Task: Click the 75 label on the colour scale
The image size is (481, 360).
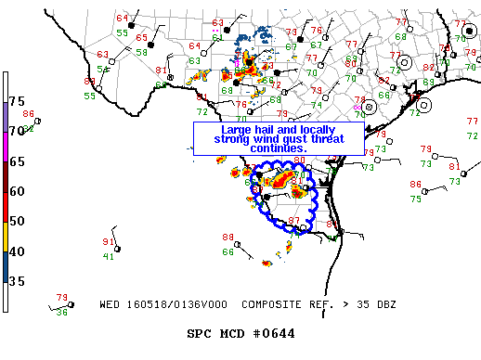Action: click(x=17, y=100)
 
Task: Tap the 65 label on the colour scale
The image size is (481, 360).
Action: click(x=17, y=161)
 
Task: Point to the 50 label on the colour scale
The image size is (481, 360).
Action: click(x=17, y=221)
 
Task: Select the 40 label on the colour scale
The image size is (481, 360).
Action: click(x=17, y=251)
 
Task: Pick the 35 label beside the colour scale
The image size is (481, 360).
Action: click(x=17, y=281)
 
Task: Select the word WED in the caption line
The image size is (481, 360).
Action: click(x=110, y=303)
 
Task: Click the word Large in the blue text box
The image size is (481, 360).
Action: click(x=237, y=129)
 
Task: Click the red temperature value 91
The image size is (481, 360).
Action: click(x=109, y=242)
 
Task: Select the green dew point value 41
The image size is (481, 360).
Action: click(x=109, y=256)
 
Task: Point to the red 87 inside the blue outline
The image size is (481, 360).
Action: click(x=294, y=220)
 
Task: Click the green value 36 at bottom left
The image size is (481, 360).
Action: click(x=62, y=312)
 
